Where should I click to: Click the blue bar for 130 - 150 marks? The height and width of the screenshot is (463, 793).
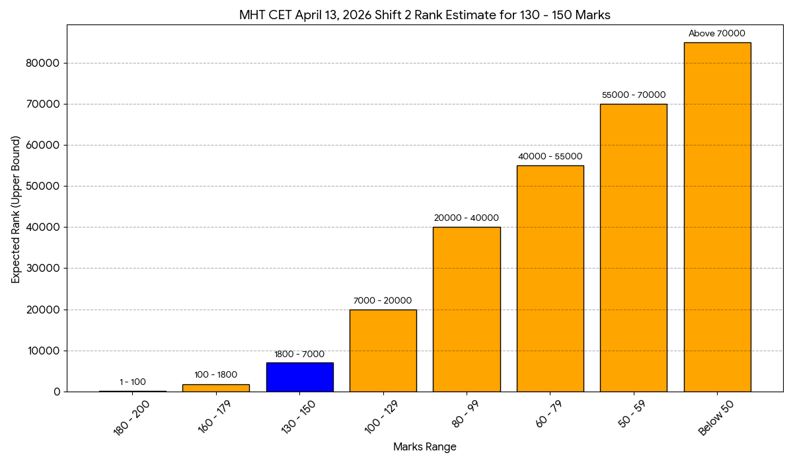pyautogui.click(x=299, y=377)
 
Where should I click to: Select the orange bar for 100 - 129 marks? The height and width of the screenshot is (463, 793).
pyautogui.click(x=383, y=351)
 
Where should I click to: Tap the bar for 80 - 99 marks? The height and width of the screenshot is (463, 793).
pyautogui.click(x=467, y=310)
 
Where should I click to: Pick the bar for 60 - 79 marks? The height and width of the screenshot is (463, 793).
pyautogui.click(x=550, y=278)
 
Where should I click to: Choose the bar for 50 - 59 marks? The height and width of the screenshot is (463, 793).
pyautogui.click(x=633, y=248)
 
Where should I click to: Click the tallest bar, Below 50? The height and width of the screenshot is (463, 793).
pyautogui.click(x=717, y=217)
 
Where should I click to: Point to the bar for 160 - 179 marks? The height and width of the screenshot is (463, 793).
pyautogui.click(x=216, y=388)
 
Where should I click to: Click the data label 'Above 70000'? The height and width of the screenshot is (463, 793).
pyautogui.click(x=717, y=34)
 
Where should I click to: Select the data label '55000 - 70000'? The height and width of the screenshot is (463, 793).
pyautogui.click(x=633, y=95)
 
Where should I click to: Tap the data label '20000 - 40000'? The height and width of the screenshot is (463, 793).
pyautogui.click(x=467, y=218)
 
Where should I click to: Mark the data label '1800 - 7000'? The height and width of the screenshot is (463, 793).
pyautogui.click(x=299, y=355)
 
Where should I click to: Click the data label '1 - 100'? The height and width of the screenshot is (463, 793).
pyautogui.click(x=133, y=382)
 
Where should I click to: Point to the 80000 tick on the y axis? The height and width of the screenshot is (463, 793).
pyautogui.click(x=44, y=63)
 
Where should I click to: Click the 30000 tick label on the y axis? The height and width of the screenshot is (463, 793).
pyautogui.click(x=44, y=269)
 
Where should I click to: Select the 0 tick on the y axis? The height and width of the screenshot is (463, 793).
pyautogui.click(x=56, y=392)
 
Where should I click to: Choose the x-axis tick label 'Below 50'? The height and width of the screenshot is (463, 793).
pyautogui.click(x=715, y=419)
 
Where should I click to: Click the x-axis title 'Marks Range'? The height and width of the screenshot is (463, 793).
pyautogui.click(x=424, y=447)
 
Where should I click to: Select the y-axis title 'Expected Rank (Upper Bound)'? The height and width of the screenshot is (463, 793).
pyautogui.click(x=16, y=209)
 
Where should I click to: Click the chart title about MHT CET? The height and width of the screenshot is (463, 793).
pyautogui.click(x=424, y=15)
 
